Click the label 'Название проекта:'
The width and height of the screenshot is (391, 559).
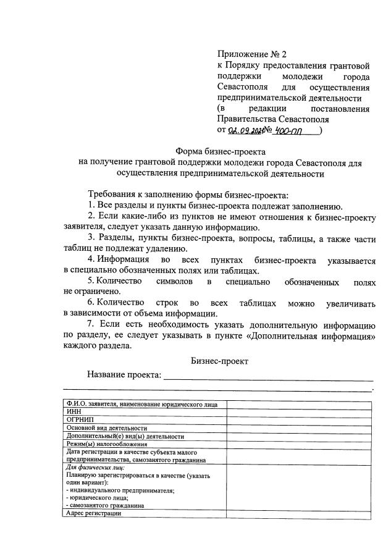(x=124, y=375)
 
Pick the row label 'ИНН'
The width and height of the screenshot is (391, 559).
(x=73, y=412)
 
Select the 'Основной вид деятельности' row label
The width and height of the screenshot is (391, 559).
(x=106, y=428)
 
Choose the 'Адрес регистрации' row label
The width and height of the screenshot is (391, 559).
(x=93, y=513)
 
